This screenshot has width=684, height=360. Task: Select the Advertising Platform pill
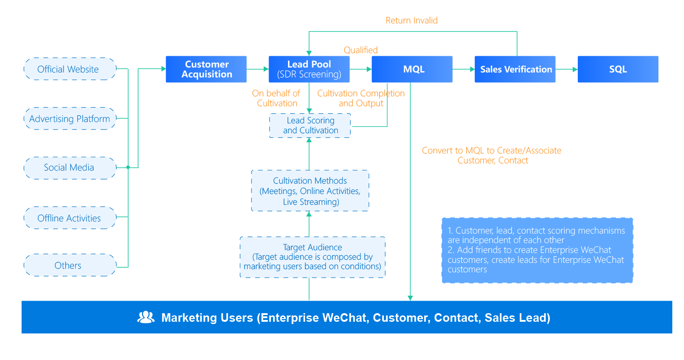70,119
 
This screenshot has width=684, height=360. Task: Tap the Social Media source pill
70,168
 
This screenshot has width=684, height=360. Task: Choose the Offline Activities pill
70,218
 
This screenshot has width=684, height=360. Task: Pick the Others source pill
70,265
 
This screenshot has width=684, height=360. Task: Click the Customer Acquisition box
206,69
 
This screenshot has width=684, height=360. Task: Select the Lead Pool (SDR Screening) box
309,69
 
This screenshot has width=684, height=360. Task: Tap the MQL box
412,69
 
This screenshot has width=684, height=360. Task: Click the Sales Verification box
515,69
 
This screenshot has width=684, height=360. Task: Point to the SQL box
618,69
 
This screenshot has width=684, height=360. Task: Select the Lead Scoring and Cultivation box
310,126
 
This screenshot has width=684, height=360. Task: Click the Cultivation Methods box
310,191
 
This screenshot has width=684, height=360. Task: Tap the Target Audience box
312,257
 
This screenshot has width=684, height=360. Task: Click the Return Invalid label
411,20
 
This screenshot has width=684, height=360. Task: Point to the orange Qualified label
360,50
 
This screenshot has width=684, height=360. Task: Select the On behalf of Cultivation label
276,98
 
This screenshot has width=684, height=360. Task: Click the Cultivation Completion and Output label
360,98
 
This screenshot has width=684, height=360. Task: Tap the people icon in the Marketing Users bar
146,318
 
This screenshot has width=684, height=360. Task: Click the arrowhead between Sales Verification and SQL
574,69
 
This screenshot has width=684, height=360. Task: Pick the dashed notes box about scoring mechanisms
537,250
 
